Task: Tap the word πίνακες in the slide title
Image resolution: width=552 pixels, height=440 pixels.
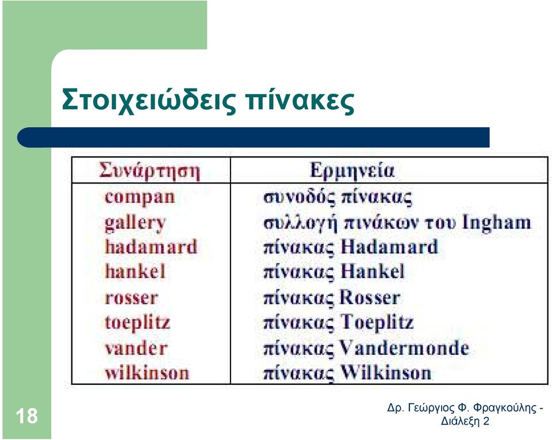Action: [x=300, y=101]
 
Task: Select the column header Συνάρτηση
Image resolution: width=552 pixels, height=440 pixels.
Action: [x=149, y=171]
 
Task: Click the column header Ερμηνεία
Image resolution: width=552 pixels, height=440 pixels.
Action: [x=352, y=171]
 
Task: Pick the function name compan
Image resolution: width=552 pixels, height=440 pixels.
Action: [x=139, y=197]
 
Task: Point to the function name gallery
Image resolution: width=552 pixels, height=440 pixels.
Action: [x=135, y=223]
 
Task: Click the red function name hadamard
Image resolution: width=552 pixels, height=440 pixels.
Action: [x=151, y=247]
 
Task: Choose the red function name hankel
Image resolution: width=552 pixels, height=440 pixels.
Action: [x=135, y=271]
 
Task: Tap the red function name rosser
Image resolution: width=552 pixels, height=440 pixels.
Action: [x=131, y=298]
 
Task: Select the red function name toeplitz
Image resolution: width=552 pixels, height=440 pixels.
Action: [x=137, y=323]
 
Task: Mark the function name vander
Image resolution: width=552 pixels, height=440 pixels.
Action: [x=136, y=349]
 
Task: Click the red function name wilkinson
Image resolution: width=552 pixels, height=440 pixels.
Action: [x=147, y=373]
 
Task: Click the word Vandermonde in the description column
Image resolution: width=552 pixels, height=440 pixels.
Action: [x=404, y=348]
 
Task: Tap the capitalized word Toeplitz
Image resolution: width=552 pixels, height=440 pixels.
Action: [x=377, y=323]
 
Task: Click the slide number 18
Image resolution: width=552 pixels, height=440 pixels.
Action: [x=27, y=416]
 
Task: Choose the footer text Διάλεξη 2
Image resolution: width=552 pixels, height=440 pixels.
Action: [x=465, y=422]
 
